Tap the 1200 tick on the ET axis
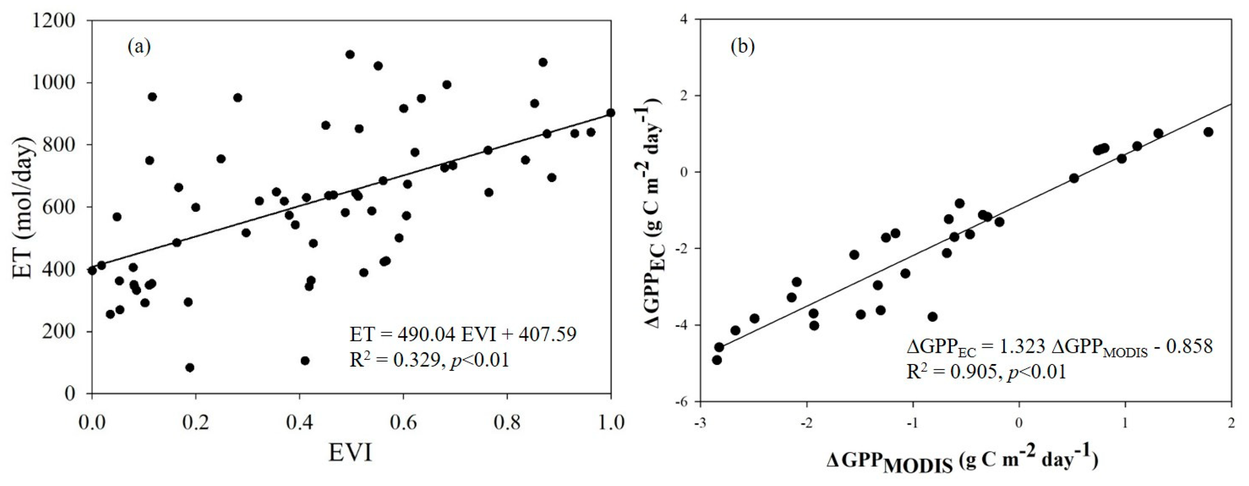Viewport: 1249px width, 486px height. [x=54, y=21]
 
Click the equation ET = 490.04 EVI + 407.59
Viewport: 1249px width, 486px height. [x=463, y=334]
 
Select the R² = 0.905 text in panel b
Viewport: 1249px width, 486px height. [x=986, y=372]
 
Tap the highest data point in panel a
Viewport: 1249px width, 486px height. [x=350, y=55]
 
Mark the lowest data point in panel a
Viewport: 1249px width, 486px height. [x=190, y=368]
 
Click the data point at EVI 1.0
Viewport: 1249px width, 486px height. [x=610, y=112]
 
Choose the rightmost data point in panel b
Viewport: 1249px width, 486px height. [x=1208, y=132]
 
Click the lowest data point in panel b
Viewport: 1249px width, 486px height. [x=717, y=360]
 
